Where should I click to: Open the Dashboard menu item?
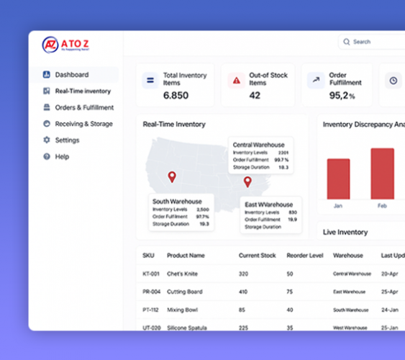pos(71,75)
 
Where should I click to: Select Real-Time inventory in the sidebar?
pos(82,91)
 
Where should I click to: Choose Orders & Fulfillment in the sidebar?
pos(83,108)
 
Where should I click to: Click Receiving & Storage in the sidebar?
pos(83,124)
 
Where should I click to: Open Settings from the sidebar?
pos(67,140)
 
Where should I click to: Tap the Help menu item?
pos(62,156)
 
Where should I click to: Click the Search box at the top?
pos(374,42)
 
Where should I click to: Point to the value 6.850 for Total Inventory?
pos(176,95)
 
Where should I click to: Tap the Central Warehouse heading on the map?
pos(258,145)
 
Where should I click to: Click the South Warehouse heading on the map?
pos(177,202)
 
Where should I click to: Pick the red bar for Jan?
pos(338,179)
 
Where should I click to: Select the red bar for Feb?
pos(382,174)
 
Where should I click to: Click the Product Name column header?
pos(186,256)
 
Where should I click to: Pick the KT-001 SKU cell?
pos(150,274)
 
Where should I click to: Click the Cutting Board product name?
pos(185,292)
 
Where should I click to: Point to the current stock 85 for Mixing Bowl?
pos(242,310)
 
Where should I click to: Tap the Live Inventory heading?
pos(345,232)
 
